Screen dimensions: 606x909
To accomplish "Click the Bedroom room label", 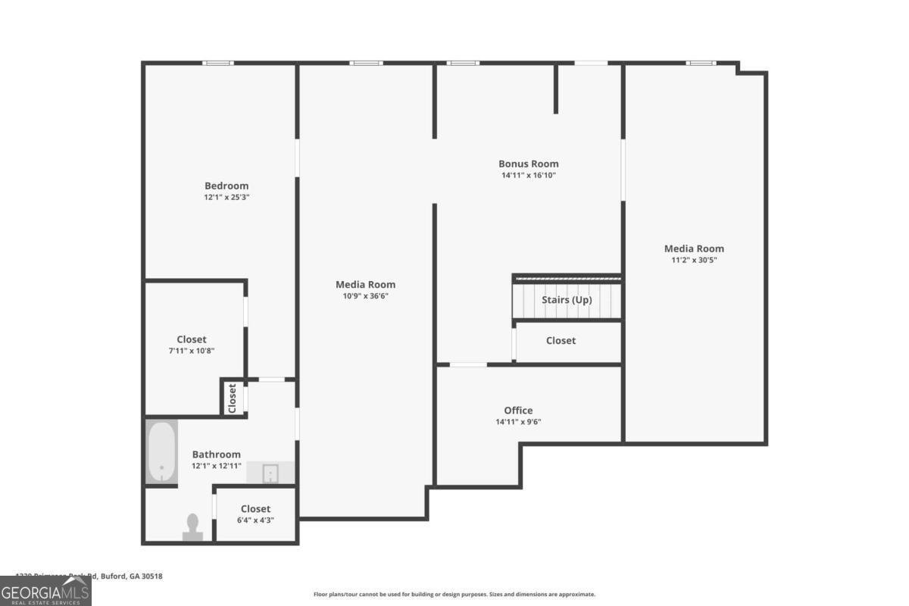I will coord(226,186).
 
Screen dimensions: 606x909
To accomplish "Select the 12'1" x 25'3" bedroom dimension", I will coord(226,198).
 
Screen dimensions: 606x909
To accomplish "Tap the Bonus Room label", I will coord(528,164).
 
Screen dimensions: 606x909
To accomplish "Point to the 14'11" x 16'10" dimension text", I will coord(528,176).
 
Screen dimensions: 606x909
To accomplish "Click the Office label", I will coord(518,411).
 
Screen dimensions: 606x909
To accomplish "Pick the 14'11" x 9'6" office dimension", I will coord(518,423).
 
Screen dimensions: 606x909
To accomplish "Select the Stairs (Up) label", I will coord(567,300).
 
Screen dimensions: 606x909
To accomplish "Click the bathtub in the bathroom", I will coord(161,451).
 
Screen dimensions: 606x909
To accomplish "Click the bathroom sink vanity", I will coord(271,473).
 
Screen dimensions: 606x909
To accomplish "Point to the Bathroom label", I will coord(216,454).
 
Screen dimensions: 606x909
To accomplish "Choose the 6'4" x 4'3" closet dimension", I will coord(255,520).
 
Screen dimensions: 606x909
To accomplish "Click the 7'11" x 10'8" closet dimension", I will coord(191,351).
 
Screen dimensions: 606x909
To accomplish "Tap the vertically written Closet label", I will coord(233,398).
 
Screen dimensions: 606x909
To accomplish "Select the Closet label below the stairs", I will coord(561,341).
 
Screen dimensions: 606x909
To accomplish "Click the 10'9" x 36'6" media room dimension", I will coord(366,296).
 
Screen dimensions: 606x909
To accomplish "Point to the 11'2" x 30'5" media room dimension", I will coord(694,260).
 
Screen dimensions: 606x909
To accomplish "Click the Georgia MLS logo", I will coord(45,591).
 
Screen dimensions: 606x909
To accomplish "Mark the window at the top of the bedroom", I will coord(218,63).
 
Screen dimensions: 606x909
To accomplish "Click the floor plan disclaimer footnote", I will coord(454,595).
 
